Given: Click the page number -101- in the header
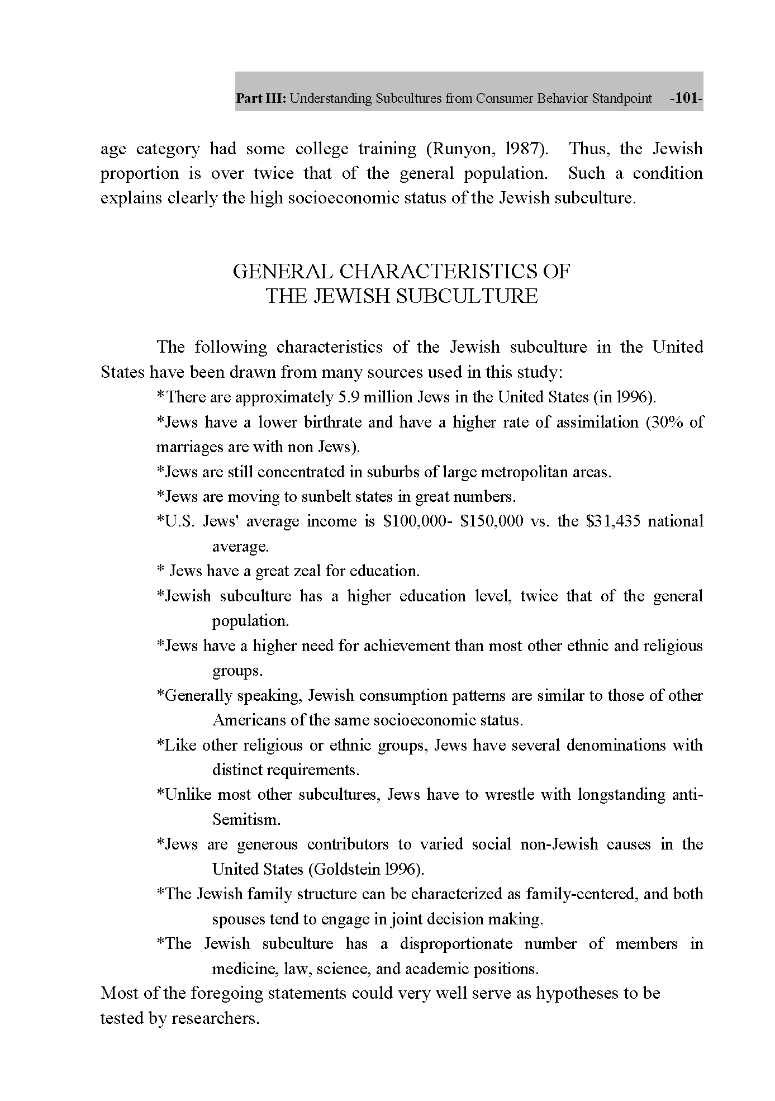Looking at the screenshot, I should click(686, 99).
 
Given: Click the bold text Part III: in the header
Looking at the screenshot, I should click(261, 99).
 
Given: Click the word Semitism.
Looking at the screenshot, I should click(246, 820).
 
